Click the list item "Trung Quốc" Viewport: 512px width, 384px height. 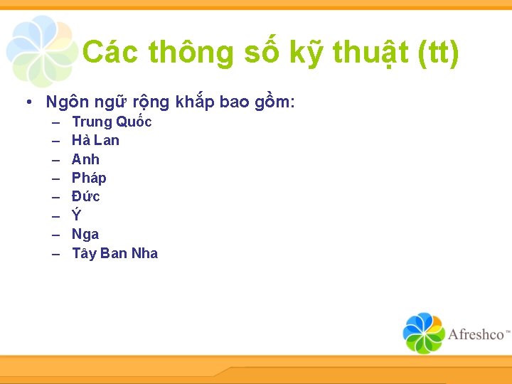[112, 122]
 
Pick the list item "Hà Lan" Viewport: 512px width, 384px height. [95, 140]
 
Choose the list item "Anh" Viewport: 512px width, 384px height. [85, 159]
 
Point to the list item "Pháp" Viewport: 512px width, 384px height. [89, 178]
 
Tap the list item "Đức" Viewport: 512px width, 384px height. [86, 196]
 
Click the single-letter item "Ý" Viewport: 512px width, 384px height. [77, 215]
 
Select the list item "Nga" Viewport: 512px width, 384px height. [85, 234]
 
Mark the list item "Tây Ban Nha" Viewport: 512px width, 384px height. [114, 253]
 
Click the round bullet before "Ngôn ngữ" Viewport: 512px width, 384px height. [26, 102]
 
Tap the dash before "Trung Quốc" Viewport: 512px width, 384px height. [56, 122]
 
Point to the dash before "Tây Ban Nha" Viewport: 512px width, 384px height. [56, 254]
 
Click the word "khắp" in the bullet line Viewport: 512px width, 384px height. [194, 102]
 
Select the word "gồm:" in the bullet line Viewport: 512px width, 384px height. [273, 102]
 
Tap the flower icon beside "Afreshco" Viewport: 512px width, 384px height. [424, 333]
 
